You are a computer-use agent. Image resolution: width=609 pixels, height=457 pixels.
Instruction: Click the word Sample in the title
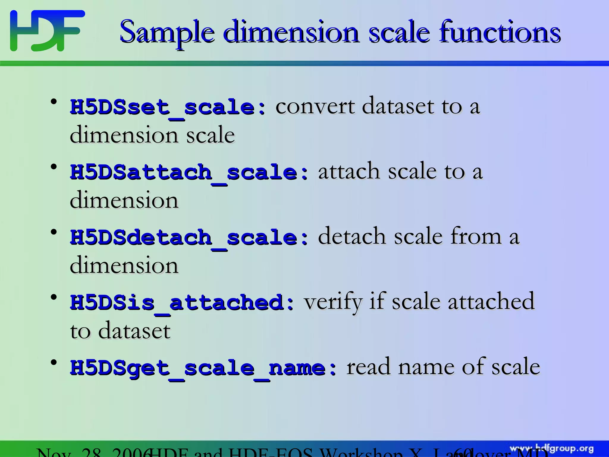[x=167, y=32]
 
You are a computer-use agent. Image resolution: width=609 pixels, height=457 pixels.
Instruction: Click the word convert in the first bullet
[x=315, y=106]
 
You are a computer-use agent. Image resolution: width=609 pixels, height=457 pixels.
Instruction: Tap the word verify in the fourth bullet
[x=332, y=302]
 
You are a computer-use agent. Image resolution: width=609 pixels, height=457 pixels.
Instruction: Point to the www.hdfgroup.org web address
[x=552, y=449]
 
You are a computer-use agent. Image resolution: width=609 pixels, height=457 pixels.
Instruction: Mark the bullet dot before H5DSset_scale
[x=54, y=102]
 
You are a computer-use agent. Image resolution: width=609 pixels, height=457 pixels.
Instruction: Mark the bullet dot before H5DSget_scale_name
[x=54, y=362]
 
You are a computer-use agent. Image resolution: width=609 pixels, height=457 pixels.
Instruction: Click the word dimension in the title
[x=291, y=32]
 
